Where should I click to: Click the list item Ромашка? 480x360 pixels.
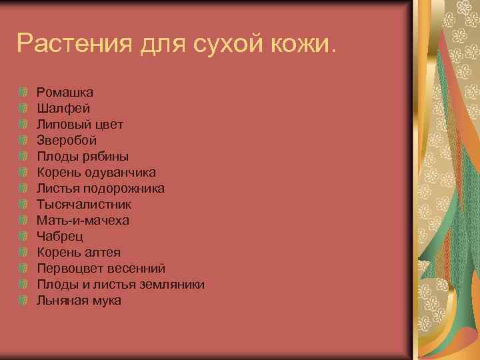pyautogui.click(x=65, y=92)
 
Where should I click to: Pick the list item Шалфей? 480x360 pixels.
pyautogui.click(x=63, y=108)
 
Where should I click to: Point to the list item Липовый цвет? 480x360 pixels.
pyautogui.click(x=80, y=124)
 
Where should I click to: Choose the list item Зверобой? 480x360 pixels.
pyautogui.click(x=67, y=140)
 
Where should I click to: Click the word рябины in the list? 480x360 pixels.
pyautogui.click(x=107, y=157)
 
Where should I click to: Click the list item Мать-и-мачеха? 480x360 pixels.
pyautogui.click(x=83, y=220)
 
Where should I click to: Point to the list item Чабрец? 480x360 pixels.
pyautogui.click(x=60, y=236)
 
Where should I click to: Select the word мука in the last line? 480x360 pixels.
pyautogui.click(x=107, y=301)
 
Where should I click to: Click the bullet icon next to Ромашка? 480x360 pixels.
pyautogui.click(x=23, y=92)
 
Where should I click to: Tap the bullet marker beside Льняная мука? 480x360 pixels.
pyautogui.click(x=23, y=301)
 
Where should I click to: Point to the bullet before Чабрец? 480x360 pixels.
pyautogui.click(x=23, y=236)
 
